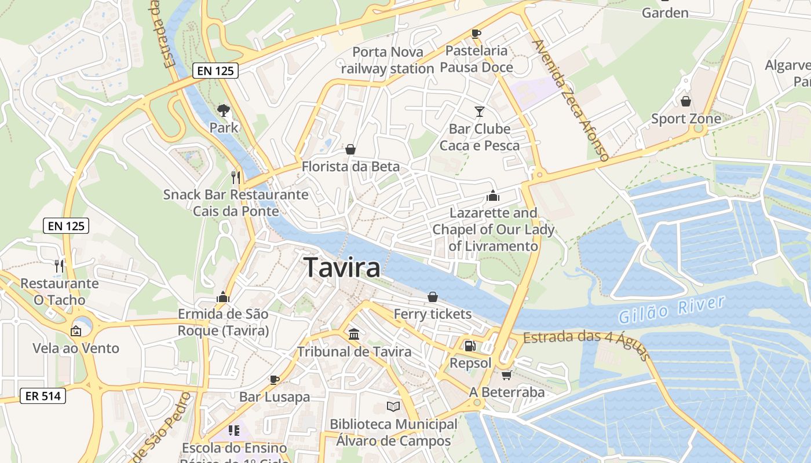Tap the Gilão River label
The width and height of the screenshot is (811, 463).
pos(671,310)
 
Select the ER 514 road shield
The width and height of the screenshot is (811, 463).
pos(42,396)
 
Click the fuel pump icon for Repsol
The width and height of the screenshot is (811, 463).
pos(470,346)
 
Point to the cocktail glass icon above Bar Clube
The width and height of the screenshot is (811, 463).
pos(479,111)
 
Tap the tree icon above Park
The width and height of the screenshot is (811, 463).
pos(223,109)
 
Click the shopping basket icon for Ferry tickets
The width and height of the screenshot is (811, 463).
pos(432,297)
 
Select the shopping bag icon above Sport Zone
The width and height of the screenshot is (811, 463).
pos(686,101)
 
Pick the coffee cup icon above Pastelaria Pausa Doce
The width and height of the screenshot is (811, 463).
pos(476,34)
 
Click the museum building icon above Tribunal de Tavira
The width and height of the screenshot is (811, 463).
pos(354,334)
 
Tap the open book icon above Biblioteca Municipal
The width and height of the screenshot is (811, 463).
pos(393,406)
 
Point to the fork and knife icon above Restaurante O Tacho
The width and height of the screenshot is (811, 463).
pos(59,266)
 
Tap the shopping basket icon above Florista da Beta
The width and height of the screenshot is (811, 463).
pos(350,149)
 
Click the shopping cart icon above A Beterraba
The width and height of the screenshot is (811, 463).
pos(507,374)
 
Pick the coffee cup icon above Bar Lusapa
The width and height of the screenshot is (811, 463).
pos(275,380)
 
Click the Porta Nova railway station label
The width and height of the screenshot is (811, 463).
pos(387,60)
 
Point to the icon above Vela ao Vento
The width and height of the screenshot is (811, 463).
pos(75,331)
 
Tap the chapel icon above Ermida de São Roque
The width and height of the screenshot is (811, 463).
pos(222,297)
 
